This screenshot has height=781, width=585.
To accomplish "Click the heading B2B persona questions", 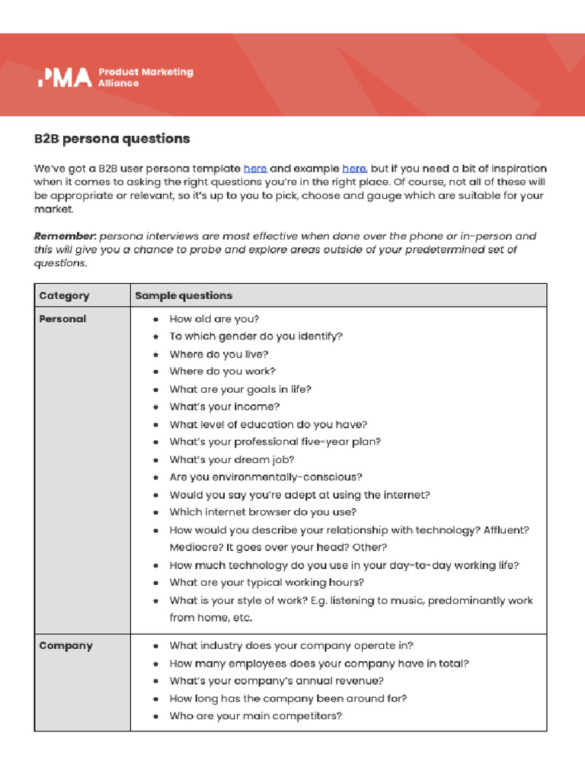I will click(x=111, y=139).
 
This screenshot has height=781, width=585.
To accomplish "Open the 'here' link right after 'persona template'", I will click(x=255, y=169).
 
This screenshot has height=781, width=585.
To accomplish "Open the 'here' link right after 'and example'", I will click(x=354, y=169).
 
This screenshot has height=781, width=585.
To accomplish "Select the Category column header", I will click(x=64, y=296).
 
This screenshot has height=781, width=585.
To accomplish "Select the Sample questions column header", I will click(x=184, y=296).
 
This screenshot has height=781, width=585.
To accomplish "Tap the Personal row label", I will click(x=62, y=319).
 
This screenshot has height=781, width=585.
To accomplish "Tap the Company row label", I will click(x=66, y=646).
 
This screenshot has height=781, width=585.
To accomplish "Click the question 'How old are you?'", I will click(x=214, y=320).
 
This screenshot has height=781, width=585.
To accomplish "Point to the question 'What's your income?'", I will click(x=224, y=407).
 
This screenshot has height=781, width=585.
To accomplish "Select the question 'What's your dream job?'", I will click(x=232, y=460).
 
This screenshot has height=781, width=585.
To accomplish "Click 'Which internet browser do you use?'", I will click(x=263, y=513).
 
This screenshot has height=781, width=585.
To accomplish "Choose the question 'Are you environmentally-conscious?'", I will click(x=266, y=477).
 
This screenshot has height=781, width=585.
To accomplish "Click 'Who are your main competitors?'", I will click(x=256, y=716).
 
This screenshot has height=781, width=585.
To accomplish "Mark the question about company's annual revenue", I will click(x=277, y=681).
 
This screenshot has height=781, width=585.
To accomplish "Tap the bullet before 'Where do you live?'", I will click(x=155, y=355).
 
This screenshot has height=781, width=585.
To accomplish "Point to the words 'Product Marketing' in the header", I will click(x=145, y=72).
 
